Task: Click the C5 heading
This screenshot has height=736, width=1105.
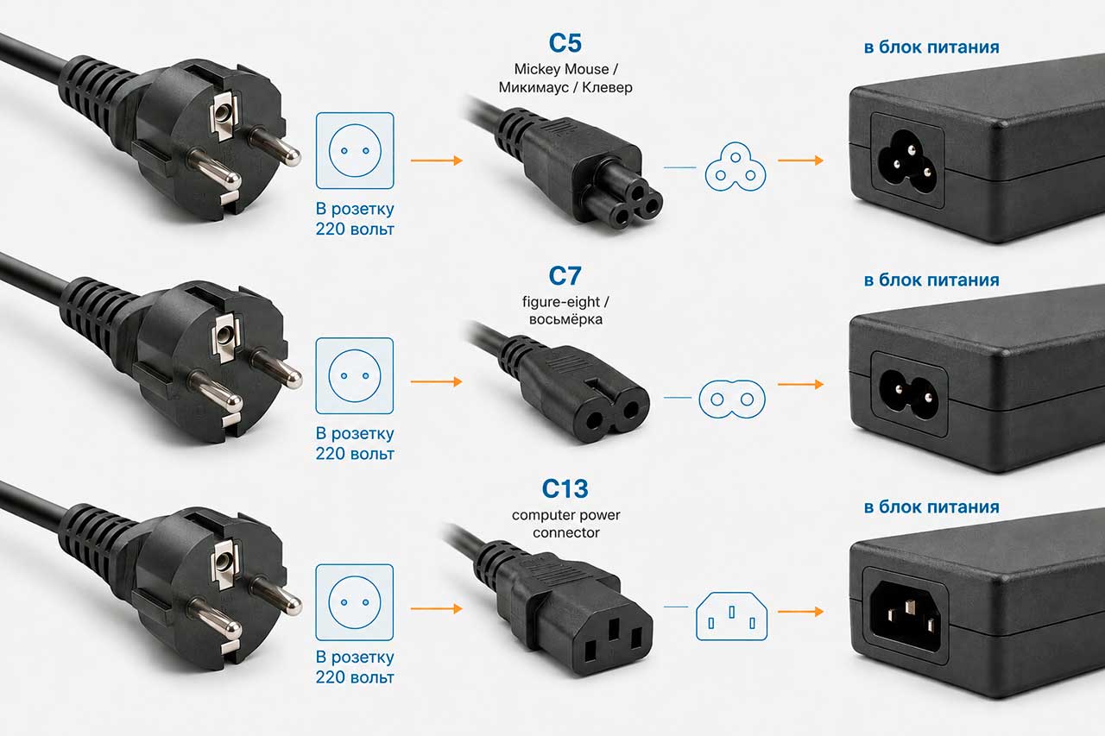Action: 565,43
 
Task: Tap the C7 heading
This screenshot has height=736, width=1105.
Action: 565,275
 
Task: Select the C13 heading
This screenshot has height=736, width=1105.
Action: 565,488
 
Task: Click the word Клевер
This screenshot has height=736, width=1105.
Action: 607,87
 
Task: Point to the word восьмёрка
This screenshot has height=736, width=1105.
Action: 565,319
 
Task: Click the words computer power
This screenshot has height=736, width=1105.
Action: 565,514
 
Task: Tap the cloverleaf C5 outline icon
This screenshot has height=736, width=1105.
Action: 735,167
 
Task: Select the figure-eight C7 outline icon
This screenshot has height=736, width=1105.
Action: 732,399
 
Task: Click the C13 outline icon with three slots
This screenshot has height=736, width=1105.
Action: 731,616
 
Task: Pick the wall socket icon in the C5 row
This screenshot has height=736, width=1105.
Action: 355,150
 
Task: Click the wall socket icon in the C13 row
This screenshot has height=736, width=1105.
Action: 355,602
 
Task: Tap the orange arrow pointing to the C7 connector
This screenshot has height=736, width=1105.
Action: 436,381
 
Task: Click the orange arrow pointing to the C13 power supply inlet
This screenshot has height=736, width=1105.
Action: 800,612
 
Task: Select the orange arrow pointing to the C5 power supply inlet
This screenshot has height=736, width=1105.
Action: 800,160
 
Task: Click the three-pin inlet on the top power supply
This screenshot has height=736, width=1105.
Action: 906,160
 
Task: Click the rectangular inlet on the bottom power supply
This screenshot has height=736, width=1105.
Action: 906,615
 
